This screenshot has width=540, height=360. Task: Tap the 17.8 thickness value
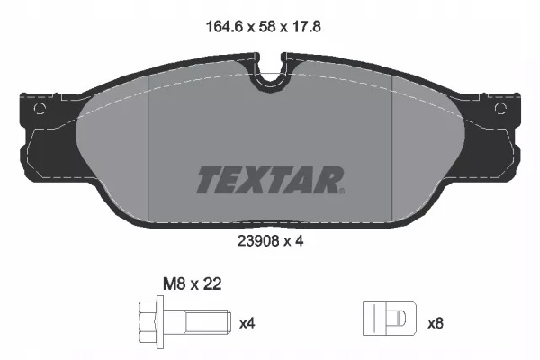pos(305,27)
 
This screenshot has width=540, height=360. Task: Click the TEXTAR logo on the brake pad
pos(271,180)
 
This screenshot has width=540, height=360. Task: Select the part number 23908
pos(257,241)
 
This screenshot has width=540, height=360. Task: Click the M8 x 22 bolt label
pos(193,284)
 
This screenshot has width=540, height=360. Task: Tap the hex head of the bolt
pos(148,321)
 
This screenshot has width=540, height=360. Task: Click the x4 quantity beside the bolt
pos(247,323)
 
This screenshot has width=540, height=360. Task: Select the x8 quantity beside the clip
pos(436,323)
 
